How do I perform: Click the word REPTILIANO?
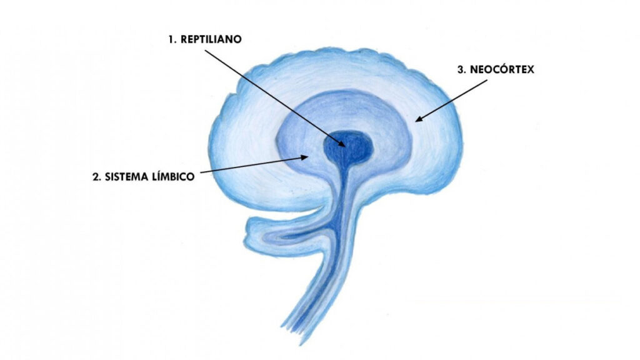[x=211, y=39]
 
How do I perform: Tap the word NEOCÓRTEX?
[x=502, y=69]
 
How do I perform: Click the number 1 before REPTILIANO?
[x=171, y=39]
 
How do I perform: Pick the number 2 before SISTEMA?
[x=96, y=177]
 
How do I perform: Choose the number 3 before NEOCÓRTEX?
[x=462, y=69]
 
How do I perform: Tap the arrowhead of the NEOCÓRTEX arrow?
[x=418, y=119]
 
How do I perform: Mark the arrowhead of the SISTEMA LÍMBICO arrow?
[x=305, y=157]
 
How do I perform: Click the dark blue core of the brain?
[x=348, y=147]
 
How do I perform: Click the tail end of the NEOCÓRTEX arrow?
[x=486, y=80]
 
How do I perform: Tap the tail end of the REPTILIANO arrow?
[x=205, y=51]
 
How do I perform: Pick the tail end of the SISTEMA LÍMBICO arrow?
[x=200, y=172]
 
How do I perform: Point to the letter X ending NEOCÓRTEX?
[x=530, y=69]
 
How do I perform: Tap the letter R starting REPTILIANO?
[x=184, y=39]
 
